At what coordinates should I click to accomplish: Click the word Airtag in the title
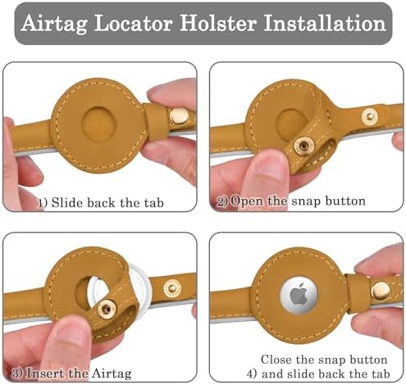pos(54,24)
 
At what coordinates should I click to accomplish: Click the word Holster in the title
pos(218,23)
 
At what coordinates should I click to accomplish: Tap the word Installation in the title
pos(325,23)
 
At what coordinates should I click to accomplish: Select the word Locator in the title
pos(134,23)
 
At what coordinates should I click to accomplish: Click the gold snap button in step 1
pos(179,115)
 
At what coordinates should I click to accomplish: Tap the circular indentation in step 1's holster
pos(98,124)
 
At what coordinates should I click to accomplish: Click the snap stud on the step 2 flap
pos(303,146)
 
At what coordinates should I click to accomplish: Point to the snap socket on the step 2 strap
pos(370,116)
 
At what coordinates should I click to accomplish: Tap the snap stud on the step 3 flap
pos(107,309)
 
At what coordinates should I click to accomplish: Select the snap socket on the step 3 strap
pos(172,288)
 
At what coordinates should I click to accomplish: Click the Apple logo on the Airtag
pos(299,294)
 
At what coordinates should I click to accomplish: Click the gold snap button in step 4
pos(381,290)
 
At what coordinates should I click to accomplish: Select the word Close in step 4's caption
pos(276,360)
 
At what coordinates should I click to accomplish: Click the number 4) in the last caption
pos(252,374)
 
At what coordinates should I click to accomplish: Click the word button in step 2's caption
pos(345,201)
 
